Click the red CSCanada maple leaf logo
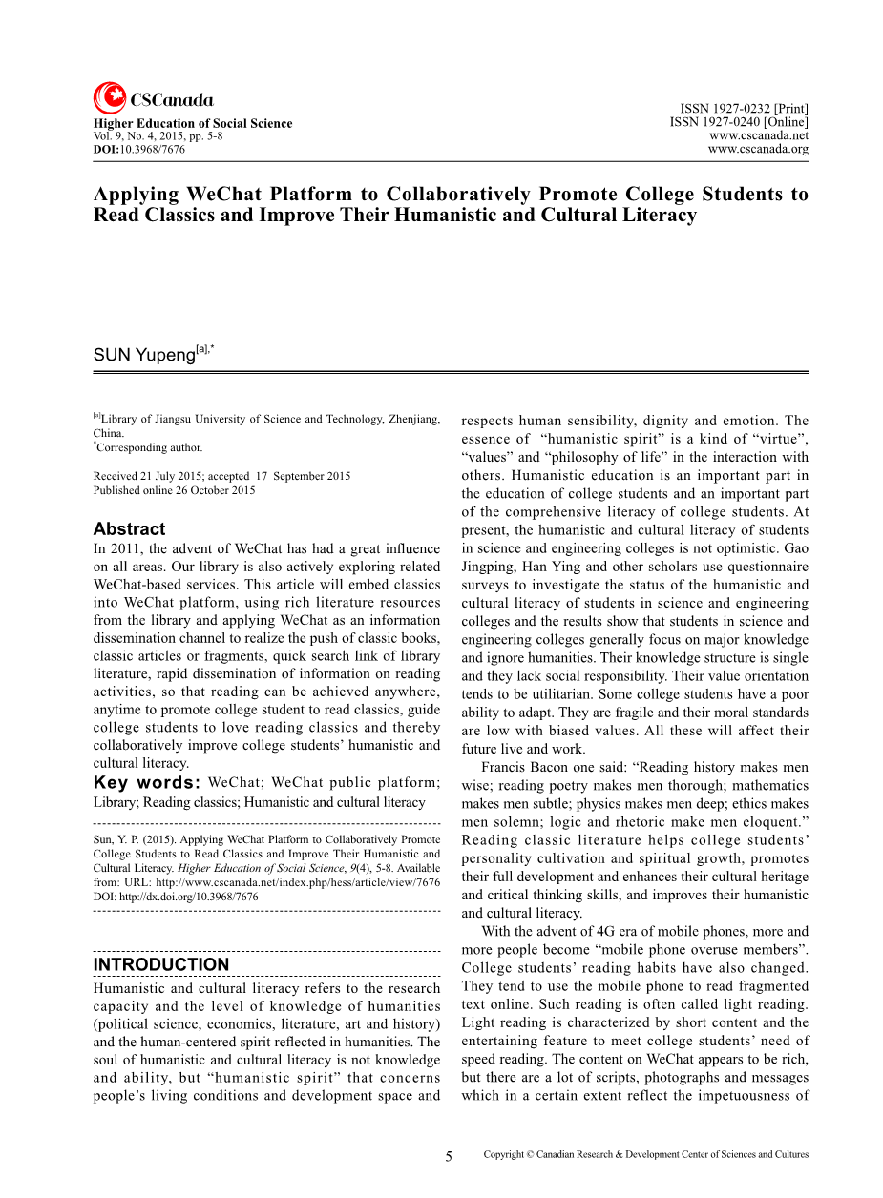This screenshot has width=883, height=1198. [109, 98]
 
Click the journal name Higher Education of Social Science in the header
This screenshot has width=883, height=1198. [192, 123]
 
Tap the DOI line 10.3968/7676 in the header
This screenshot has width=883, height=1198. [139, 150]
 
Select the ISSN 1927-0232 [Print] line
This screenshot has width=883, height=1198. [744, 110]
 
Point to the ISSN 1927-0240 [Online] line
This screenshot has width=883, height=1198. [738, 122]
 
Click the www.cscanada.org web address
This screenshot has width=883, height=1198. [758, 149]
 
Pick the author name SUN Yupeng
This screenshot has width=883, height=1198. [143, 355]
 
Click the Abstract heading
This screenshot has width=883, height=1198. [129, 528]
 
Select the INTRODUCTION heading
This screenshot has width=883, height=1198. [161, 964]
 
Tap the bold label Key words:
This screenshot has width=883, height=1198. [147, 783]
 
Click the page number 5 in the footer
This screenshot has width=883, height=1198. [449, 1156]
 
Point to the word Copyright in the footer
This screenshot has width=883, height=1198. [504, 1154]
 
